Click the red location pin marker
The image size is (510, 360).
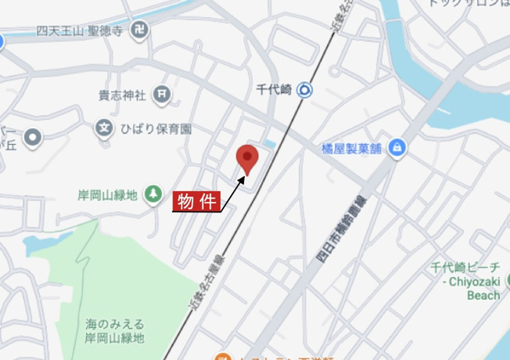pos(248,159)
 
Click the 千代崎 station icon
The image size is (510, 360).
pos(305,90)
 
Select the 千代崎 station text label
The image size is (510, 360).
pos(274,90)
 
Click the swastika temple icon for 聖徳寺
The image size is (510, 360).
pos(140,32)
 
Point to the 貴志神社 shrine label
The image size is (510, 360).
pos(122,95)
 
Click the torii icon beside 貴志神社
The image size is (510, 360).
pos(161,95)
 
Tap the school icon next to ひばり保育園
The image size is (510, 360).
pos(104,128)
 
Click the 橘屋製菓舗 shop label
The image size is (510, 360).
pos(353,148)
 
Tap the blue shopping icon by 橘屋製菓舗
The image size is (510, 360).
pos(397,147)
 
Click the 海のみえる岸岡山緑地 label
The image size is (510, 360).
pos(115,331)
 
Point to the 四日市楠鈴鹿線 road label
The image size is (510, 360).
pos(339,227)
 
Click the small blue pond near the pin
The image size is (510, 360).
pos(270,144)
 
